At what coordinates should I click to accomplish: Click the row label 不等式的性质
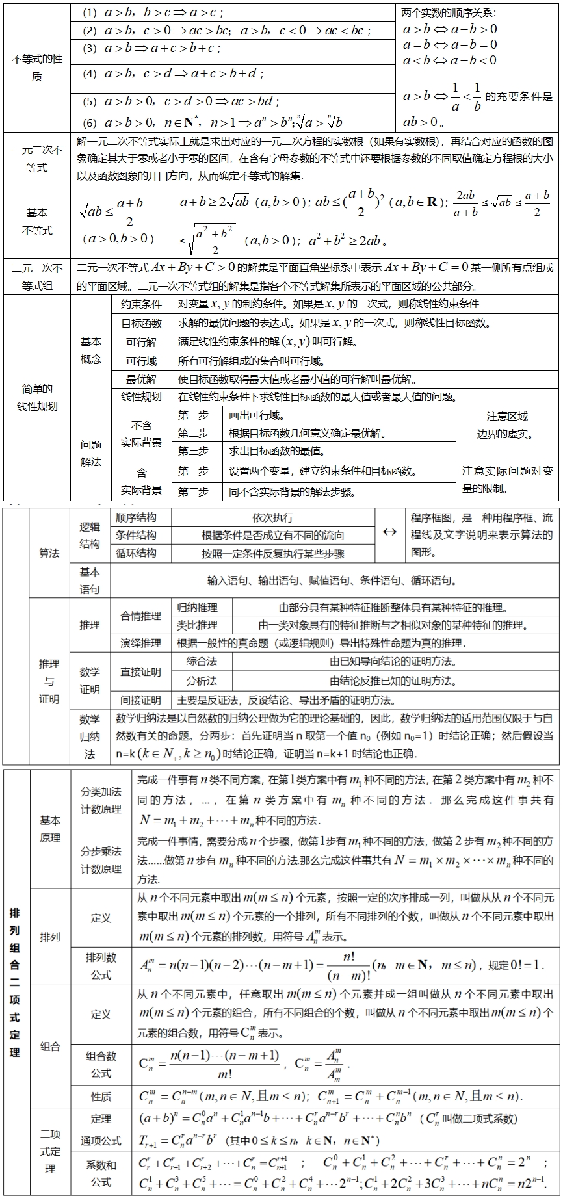click(36, 68)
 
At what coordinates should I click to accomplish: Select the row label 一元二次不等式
click(36, 159)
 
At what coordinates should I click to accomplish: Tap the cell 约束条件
click(141, 304)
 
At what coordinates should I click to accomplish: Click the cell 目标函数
click(141, 322)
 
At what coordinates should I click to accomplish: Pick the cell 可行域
click(141, 361)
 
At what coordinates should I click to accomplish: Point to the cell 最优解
click(141, 379)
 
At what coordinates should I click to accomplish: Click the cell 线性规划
click(141, 397)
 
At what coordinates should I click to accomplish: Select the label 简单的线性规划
click(36, 397)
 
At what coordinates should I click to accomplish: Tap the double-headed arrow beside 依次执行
click(389, 532)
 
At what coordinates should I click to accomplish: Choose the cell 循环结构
click(136, 553)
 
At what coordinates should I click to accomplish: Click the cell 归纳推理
click(198, 607)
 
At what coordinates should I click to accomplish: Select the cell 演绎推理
click(140, 643)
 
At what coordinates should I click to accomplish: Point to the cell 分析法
click(201, 681)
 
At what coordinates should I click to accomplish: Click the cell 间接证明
click(140, 700)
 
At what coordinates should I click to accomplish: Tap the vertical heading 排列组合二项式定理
click(15, 982)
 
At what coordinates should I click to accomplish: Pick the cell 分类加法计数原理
click(101, 800)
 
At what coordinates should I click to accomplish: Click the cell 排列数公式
click(101, 966)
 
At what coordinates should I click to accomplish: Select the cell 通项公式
click(101, 1140)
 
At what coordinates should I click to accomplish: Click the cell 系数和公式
click(101, 1173)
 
